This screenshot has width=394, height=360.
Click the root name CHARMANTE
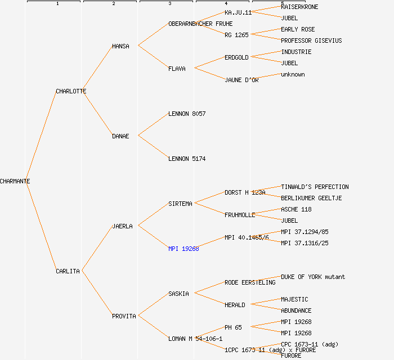click(15, 181)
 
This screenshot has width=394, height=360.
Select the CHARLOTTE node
click(71, 91)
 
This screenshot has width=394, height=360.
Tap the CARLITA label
click(68, 271)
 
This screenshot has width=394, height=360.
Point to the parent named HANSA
click(120, 46)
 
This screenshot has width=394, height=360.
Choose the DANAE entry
click(120, 136)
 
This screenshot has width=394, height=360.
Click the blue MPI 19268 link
click(183, 249)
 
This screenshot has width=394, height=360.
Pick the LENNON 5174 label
click(187, 159)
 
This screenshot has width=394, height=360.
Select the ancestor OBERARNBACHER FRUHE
click(200, 24)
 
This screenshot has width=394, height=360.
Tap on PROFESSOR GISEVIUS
click(311, 40)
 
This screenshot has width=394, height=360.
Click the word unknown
click(293, 74)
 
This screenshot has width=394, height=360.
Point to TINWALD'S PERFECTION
click(315, 187)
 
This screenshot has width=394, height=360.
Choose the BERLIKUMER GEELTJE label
click(311, 198)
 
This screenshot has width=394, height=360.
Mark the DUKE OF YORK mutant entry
click(313, 277)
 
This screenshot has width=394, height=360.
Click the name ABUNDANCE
click(296, 310)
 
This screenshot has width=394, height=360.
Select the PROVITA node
click(124, 316)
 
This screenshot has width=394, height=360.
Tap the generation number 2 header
click(113, 4)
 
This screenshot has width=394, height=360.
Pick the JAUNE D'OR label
click(241, 80)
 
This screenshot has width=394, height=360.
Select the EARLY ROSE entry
click(298, 29)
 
